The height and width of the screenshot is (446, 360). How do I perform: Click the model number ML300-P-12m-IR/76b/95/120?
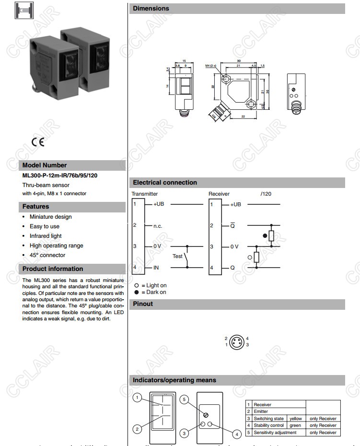(60, 176)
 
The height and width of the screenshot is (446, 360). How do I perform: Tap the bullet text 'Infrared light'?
(46, 236)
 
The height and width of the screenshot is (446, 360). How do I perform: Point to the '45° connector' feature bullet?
(47, 255)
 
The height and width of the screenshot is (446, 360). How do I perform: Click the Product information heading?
(53, 269)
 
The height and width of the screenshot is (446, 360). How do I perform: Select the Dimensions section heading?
(151, 8)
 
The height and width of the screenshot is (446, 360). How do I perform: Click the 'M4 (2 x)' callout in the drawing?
(211, 65)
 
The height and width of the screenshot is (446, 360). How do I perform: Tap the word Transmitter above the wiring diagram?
(145, 194)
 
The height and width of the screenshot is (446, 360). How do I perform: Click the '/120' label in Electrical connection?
(266, 194)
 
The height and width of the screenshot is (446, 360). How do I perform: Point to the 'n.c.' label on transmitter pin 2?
(158, 225)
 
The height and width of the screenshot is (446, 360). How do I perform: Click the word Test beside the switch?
(177, 256)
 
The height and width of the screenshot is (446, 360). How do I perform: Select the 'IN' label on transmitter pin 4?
(156, 268)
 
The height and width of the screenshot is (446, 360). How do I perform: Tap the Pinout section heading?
(143, 304)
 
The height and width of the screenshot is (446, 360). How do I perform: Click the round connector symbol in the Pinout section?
(237, 342)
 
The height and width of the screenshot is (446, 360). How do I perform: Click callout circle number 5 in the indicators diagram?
(185, 399)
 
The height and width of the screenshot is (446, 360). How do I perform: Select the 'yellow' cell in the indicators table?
(295, 419)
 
